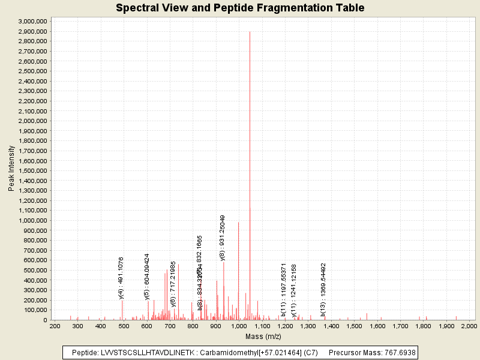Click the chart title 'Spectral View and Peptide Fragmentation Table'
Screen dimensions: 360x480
[x=240, y=8]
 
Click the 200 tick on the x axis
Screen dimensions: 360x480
[x=55, y=326]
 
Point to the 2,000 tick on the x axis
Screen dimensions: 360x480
[x=468, y=326]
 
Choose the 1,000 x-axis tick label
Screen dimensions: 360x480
[x=239, y=326]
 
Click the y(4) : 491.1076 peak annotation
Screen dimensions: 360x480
[x=121, y=277]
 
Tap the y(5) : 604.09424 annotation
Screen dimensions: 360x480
[x=147, y=276]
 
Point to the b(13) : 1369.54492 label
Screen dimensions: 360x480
[x=323, y=289]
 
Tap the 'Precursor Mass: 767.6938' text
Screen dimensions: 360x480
[x=373, y=352]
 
